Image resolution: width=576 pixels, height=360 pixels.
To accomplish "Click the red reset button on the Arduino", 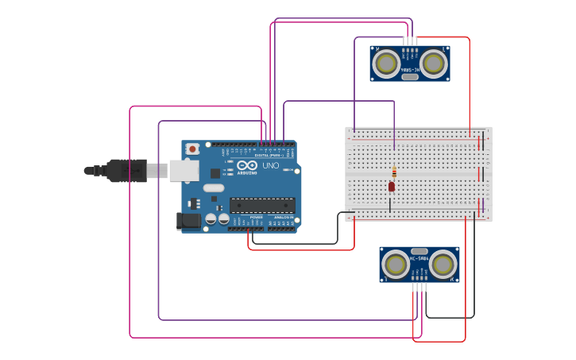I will click(192, 149).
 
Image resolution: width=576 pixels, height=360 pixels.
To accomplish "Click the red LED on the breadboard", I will click(392, 186).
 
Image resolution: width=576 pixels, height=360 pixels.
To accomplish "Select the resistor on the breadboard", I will click(394, 172).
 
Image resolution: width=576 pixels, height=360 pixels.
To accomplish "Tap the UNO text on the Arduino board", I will click(270, 166).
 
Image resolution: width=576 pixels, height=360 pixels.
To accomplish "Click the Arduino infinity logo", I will click(247, 165).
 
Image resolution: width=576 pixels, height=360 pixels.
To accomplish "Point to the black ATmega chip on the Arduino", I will click(262, 205).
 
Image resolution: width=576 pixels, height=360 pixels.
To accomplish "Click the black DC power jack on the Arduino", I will click(188, 221).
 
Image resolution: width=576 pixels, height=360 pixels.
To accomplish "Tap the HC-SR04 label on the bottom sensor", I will click(419, 258).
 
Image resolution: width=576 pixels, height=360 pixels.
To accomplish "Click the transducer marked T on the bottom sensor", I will click(395, 265).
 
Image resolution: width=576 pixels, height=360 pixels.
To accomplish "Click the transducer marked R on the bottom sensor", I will click(444, 265).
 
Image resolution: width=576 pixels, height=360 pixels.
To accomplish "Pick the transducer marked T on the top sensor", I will click(434, 63).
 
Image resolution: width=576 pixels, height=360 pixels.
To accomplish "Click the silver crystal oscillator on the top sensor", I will click(409, 76).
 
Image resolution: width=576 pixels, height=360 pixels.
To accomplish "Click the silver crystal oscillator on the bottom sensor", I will click(419, 251).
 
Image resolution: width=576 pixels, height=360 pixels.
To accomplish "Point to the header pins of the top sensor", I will click(409, 41).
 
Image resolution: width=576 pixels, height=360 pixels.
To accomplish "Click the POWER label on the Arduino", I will click(256, 217).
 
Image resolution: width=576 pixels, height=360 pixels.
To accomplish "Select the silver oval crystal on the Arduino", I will click(214, 188).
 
